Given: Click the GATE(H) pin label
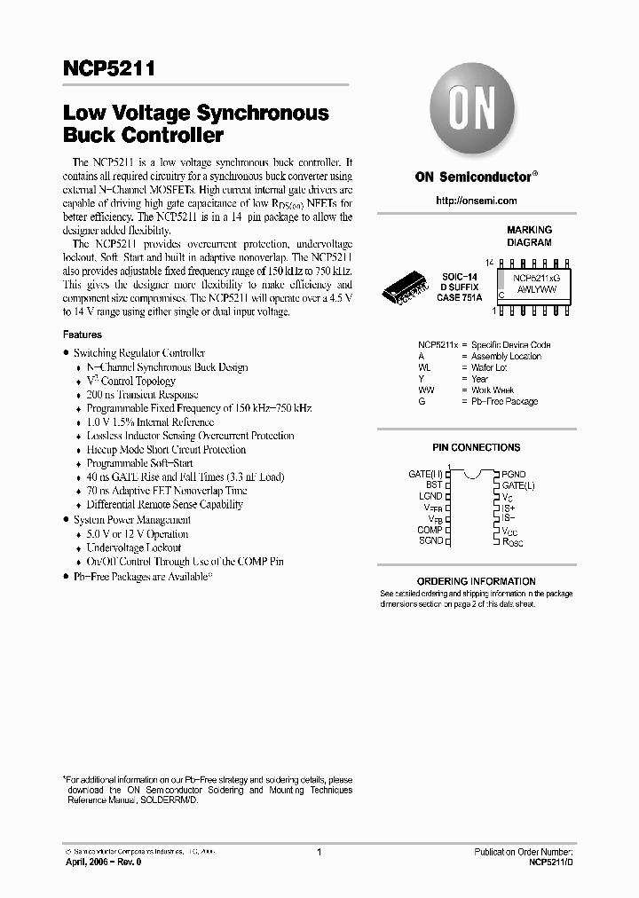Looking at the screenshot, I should click(x=425, y=475).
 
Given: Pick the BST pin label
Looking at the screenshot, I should click(x=433, y=485).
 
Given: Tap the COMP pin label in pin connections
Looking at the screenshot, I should click(x=430, y=530).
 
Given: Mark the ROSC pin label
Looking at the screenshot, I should click(x=512, y=540).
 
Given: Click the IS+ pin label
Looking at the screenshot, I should click(x=508, y=508).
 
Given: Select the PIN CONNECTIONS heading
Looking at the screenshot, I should click(x=476, y=448).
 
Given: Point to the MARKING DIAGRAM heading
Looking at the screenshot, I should click(x=529, y=235).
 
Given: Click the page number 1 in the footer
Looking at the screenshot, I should click(x=318, y=852).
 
